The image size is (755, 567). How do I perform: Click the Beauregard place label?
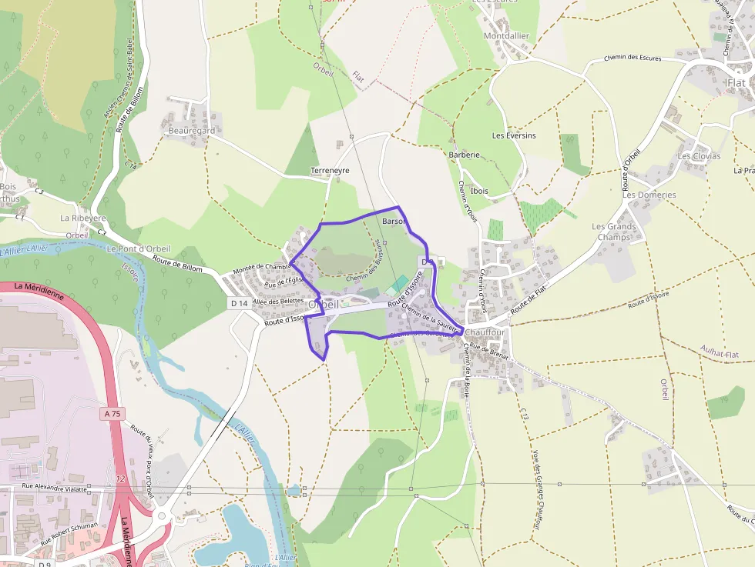tap(191, 131)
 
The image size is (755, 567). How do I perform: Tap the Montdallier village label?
tap(506, 36)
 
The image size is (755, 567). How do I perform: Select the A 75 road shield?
tap(112, 414)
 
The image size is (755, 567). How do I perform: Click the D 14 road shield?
tap(239, 304)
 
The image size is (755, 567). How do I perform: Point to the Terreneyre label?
tap(330, 169)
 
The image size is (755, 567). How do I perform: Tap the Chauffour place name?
tap(485, 332)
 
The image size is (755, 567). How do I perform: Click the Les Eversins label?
tap(514, 135)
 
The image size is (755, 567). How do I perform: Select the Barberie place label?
tap(464, 155)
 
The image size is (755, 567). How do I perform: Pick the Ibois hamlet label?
tap(479, 191)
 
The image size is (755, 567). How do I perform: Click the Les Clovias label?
tap(699, 156)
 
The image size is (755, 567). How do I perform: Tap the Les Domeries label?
tap(649, 195)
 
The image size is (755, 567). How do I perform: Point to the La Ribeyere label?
tap(83, 218)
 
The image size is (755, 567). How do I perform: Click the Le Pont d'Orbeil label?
tap(139, 248)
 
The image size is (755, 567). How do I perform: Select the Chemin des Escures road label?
tap(633, 58)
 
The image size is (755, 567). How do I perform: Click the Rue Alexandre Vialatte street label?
tap(55, 486)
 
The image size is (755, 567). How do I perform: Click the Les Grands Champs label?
tap(614, 232)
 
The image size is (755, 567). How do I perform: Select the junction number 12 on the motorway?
tap(120, 479)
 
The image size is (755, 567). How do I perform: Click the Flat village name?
tap(736, 82)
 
